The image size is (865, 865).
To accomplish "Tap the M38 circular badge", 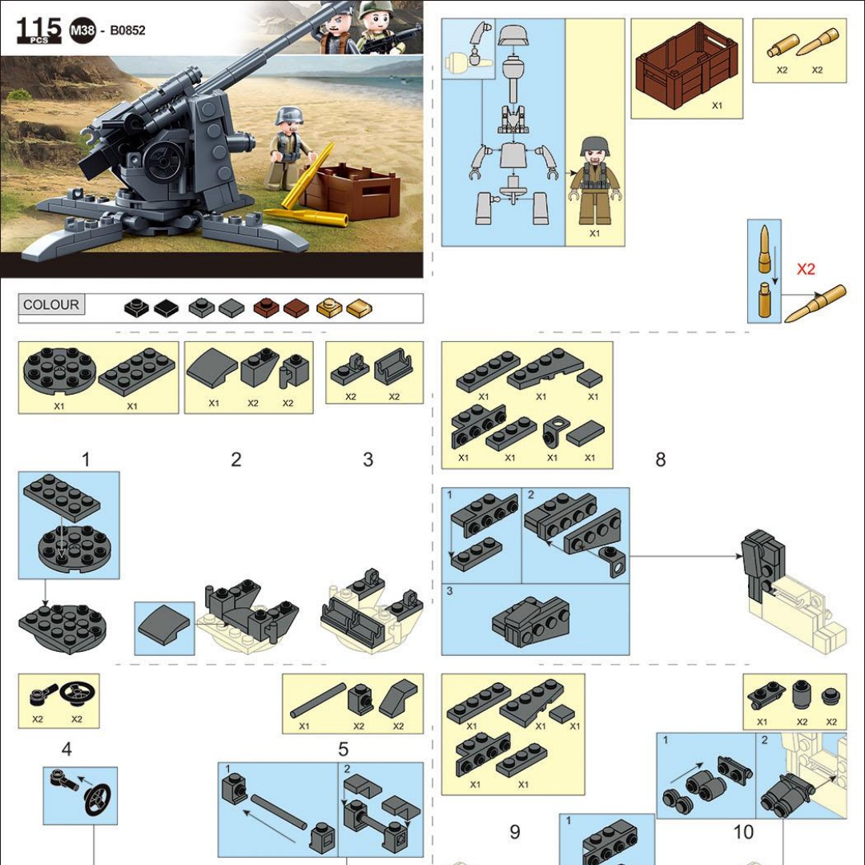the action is (82, 30).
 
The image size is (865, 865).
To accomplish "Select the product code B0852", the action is (127, 30).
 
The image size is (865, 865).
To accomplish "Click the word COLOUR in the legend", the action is (50, 304).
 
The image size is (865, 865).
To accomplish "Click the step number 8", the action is (660, 460).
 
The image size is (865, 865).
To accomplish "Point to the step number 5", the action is (343, 749).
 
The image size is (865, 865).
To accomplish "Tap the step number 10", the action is (743, 832).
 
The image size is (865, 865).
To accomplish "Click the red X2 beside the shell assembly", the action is (806, 268).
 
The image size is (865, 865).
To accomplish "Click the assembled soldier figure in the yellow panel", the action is (594, 181).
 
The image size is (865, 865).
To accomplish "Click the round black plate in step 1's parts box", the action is (59, 372).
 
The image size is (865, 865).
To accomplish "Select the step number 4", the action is (66, 749).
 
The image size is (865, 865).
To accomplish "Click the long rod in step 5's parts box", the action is (318, 701).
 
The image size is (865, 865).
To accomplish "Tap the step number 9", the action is (514, 832).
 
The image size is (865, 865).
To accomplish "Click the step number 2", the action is (235, 460).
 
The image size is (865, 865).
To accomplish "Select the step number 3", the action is (368, 460).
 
